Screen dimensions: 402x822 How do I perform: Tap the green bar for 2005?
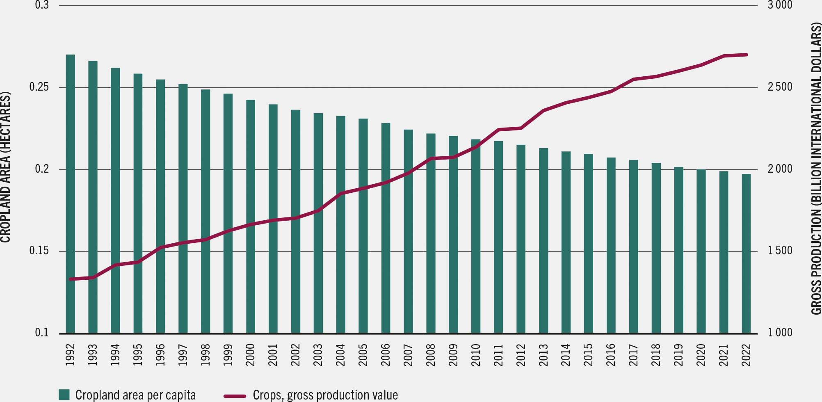[x=363, y=226]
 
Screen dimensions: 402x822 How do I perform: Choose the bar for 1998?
[x=205, y=211]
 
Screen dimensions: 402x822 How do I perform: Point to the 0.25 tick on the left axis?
[x=39, y=87]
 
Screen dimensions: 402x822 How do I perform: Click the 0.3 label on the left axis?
[x=42, y=5]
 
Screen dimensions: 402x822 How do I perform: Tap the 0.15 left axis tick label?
[x=39, y=251]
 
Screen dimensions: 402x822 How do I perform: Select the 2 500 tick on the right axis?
[x=781, y=87]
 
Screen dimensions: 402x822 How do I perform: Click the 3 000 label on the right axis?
[x=781, y=5]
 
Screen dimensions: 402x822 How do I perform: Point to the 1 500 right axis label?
[x=781, y=251]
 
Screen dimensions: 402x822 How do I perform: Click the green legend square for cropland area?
[x=64, y=395]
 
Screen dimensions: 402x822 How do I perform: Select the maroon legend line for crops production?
[x=235, y=395]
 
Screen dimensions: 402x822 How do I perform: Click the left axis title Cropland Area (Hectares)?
[x=5, y=167]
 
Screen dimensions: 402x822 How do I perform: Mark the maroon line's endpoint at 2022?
[x=746, y=55]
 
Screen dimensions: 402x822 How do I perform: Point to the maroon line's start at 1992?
[x=71, y=279]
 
